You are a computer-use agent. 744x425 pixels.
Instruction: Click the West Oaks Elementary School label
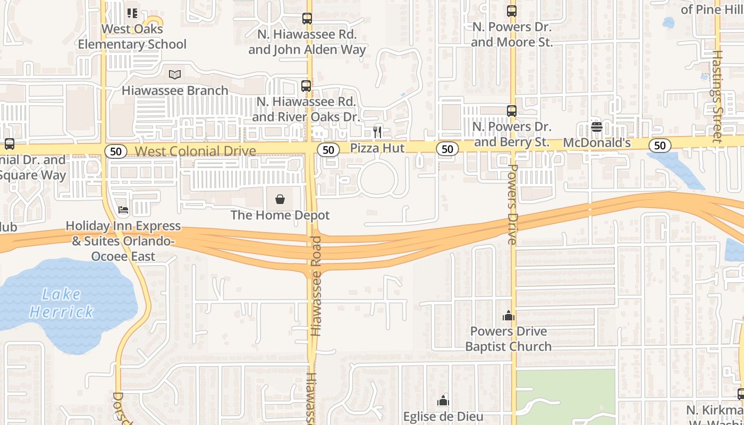tap(132, 37)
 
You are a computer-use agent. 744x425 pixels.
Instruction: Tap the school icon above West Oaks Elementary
tap(132, 13)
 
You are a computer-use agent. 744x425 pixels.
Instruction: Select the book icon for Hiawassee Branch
tap(175, 75)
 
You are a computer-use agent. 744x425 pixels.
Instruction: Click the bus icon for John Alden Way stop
tap(307, 19)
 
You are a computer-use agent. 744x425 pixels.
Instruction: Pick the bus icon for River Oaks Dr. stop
tap(306, 86)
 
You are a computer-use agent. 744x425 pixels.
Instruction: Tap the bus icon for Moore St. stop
tap(512, 11)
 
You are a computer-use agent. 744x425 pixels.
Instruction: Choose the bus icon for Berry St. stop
tap(512, 111)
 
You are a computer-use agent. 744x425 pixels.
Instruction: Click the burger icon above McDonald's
tap(596, 127)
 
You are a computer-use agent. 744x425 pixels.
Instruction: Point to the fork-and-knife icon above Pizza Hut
tap(377, 132)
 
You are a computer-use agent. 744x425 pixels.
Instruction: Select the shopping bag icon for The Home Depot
tap(280, 200)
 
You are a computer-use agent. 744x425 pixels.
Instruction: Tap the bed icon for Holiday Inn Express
tap(123, 210)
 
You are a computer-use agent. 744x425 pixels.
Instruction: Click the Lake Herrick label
tap(62, 303)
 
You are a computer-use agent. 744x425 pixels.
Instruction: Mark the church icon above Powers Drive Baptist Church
tap(509, 316)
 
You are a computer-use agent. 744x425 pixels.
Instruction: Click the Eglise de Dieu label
tap(443, 416)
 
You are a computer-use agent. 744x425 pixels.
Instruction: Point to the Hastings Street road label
tap(717, 96)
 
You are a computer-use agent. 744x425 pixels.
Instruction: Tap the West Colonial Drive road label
tap(195, 151)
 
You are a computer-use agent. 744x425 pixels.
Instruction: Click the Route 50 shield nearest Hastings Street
tap(660, 146)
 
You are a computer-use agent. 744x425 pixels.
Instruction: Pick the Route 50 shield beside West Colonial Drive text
tap(115, 151)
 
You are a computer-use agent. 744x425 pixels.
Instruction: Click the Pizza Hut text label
tap(377, 148)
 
